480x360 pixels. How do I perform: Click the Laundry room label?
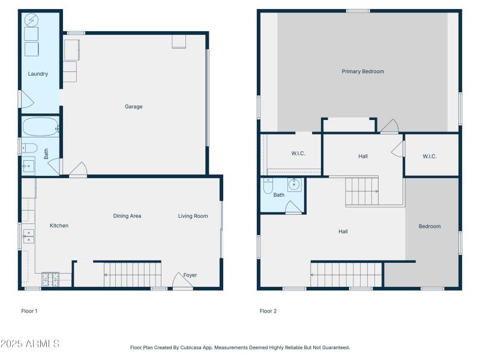click(x=38, y=74)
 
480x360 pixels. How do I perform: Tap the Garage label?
click(x=133, y=107)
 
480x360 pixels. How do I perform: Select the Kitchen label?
click(x=59, y=226)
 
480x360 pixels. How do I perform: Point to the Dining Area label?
click(x=127, y=216)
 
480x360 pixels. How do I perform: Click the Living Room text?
click(x=193, y=216)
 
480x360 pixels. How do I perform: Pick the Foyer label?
click(x=190, y=275)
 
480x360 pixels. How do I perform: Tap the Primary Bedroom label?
click(x=362, y=71)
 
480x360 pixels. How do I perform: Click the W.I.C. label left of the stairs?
click(x=298, y=154)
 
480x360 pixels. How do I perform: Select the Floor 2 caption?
click(x=268, y=311)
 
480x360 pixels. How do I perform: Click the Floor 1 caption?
click(x=29, y=311)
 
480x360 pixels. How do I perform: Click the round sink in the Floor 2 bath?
click(x=294, y=184)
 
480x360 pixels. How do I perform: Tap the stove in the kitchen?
click(x=50, y=279)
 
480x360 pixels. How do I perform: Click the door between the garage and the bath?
click(x=55, y=166)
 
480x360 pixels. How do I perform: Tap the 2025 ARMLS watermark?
click(x=30, y=344)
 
